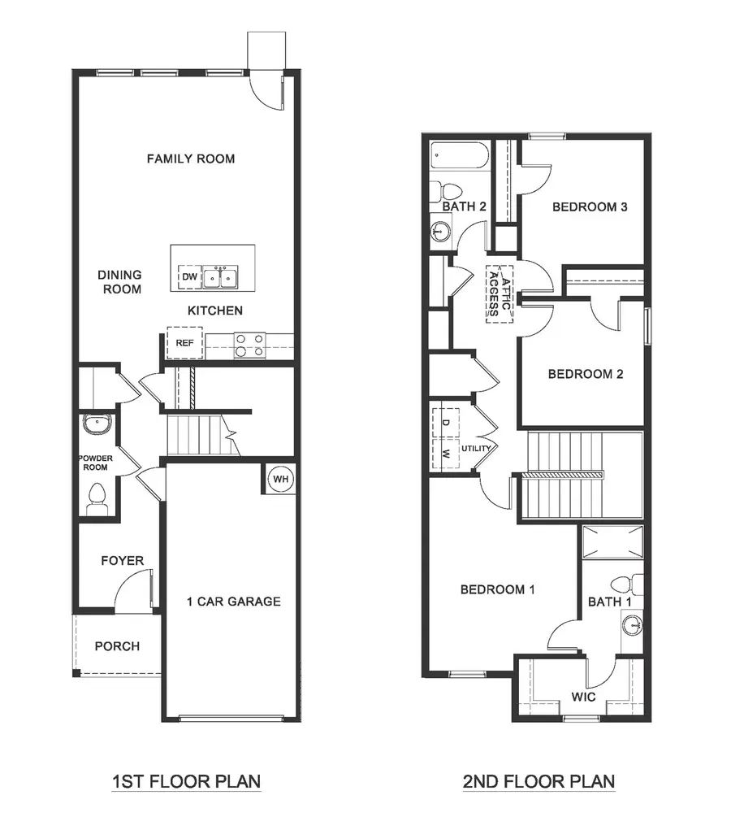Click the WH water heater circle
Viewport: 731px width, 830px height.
(x=280, y=479)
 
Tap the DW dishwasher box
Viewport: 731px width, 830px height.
(x=189, y=277)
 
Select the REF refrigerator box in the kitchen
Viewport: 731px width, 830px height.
(x=184, y=343)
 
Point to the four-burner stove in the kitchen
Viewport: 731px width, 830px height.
(x=249, y=345)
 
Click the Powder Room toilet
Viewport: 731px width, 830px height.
(x=97, y=498)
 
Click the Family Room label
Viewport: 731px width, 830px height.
(x=191, y=159)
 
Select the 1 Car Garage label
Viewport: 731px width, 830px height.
(x=233, y=602)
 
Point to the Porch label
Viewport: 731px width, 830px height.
(x=117, y=646)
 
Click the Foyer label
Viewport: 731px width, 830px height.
(x=123, y=561)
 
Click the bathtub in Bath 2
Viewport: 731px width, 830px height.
(x=459, y=155)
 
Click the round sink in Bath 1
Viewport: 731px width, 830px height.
(x=632, y=626)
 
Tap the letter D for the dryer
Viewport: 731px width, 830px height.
(x=446, y=423)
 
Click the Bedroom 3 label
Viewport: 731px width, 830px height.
(x=590, y=206)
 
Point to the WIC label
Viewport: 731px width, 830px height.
(x=583, y=697)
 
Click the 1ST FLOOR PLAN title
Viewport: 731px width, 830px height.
(x=187, y=782)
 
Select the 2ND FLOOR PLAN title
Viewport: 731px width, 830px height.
(x=539, y=782)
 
